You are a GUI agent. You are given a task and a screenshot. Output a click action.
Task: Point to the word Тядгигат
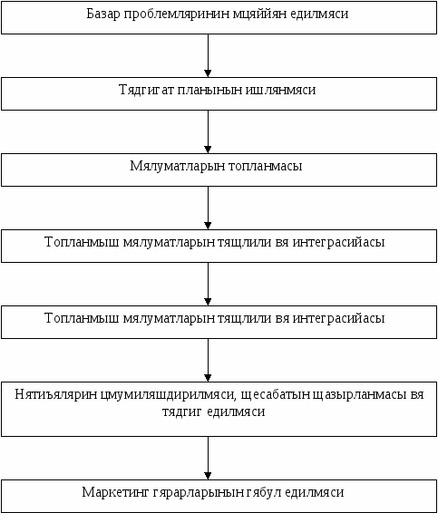146,91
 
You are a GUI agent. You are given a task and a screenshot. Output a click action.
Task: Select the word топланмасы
265,167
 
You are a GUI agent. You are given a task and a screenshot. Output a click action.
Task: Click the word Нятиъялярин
56,394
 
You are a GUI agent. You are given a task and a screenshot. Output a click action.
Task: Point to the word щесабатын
276,395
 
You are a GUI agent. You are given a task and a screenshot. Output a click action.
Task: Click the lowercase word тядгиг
181,412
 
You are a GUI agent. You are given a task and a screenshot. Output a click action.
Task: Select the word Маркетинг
115,493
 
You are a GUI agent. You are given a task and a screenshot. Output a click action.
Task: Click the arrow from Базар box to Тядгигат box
208,55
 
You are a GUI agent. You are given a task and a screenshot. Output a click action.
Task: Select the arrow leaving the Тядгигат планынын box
208,131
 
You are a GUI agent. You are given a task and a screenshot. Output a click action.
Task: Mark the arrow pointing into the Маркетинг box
208,458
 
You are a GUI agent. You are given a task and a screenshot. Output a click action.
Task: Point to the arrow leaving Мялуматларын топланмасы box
208,208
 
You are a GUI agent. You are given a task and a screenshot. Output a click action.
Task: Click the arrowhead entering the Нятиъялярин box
208,378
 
